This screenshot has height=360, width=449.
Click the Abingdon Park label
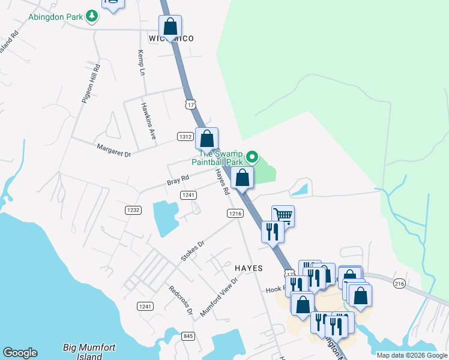[55, 17]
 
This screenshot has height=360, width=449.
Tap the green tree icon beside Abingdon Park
[92, 16]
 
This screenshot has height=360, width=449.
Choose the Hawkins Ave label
[148, 122]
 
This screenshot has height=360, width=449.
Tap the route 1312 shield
[185, 137]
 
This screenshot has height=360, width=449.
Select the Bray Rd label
[178, 179]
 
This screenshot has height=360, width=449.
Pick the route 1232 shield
[133, 209]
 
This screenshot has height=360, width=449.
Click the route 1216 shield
[235, 213]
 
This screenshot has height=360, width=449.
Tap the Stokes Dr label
[193, 251]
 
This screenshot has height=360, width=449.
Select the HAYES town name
[249, 268]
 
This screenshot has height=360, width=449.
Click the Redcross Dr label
[181, 299]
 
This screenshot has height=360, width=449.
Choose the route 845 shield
[188, 335]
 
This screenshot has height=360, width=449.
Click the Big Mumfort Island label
[89, 351]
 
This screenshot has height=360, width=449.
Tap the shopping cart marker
[283, 215]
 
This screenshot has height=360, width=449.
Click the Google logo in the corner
[20, 353]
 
